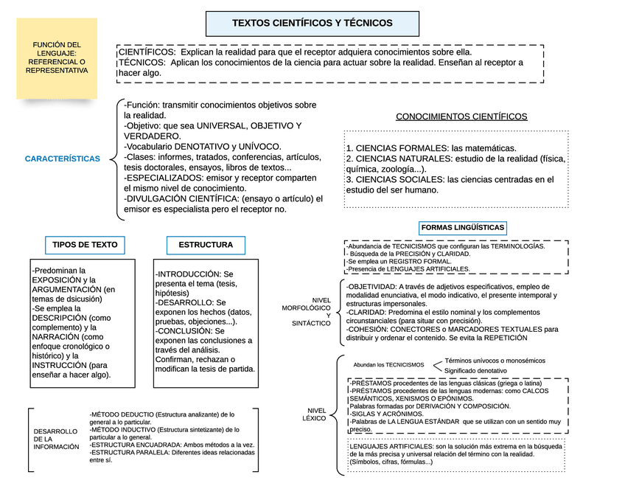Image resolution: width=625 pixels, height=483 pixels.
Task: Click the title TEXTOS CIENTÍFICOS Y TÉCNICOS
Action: click(x=312, y=24)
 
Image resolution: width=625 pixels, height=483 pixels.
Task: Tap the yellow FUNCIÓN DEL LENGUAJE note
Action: click(x=57, y=58)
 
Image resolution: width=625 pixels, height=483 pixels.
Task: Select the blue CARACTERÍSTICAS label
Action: click(x=63, y=159)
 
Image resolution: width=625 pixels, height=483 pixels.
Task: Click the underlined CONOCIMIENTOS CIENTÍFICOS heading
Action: click(x=461, y=117)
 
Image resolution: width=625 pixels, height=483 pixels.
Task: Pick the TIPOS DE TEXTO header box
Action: click(x=85, y=245)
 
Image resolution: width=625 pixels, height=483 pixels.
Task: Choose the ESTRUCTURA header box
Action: click(x=206, y=245)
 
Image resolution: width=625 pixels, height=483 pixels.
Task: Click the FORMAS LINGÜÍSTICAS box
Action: click(x=463, y=228)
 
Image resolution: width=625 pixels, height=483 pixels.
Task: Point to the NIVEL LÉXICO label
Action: click(x=316, y=414)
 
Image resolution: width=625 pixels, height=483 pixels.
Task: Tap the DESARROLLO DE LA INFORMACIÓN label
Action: click(x=56, y=439)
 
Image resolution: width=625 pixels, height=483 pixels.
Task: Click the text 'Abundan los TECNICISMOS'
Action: click(x=388, y=365)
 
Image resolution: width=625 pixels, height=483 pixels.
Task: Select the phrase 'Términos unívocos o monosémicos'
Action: click(x=495, y=361)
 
